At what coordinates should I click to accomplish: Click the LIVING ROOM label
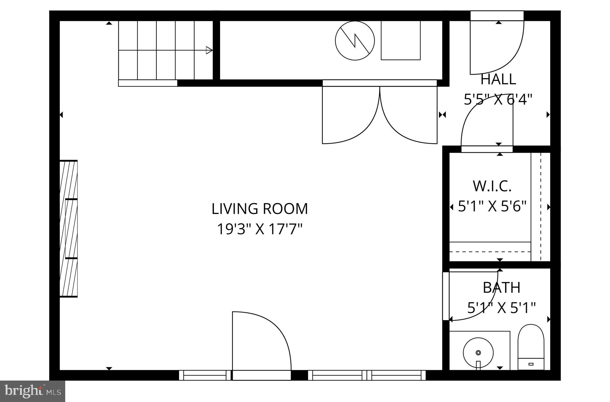click(259, 209)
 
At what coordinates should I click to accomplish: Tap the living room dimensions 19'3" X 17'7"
click(259, 229)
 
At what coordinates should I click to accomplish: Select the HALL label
click(498, 79)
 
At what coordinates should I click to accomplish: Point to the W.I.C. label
click(492, 186)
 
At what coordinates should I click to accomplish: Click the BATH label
click(501, 288)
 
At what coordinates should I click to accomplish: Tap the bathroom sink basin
click(478, 353)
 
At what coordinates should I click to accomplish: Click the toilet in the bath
click(531, 347)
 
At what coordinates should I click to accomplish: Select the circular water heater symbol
click(354, 40)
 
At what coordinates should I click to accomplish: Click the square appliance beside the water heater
click(401, 40)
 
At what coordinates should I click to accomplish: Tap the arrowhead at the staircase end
click(209, 50)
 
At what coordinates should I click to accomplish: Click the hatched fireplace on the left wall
click(69, 228)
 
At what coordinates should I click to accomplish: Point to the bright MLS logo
click(32, 391)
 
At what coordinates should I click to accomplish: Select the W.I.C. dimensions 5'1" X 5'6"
click(492, 206)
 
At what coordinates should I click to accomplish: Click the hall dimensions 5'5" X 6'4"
click(498, 99)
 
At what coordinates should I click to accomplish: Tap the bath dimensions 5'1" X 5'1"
click(501, 308)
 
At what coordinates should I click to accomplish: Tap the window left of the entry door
click(205, 375)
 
